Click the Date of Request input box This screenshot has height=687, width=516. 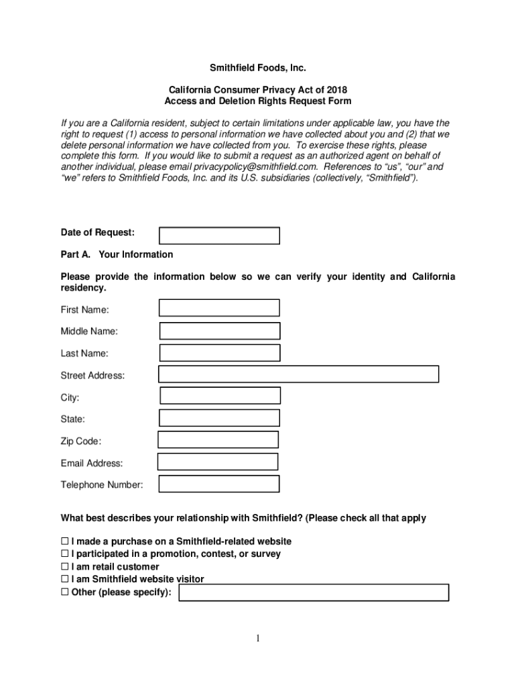tap(219, 235)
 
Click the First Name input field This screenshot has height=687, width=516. tap(219, 308)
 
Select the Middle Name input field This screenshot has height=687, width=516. tap(220, 331)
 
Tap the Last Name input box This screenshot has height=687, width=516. tap(220, 353)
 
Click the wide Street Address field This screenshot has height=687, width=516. tap(298, 374)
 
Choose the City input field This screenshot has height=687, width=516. tap(220, 396)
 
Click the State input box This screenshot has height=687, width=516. tap(219, 418)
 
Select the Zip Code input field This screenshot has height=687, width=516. tap(218, 439)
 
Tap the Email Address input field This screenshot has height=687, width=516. tap(218, 462)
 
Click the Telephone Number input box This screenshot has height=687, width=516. tap(219, 484)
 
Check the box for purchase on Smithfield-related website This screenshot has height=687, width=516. tap(65, 541)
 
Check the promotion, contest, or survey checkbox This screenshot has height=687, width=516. tap(65, 554)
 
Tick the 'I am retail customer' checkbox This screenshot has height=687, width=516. tap(65, 567)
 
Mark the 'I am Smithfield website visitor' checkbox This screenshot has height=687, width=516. tap(65, 579)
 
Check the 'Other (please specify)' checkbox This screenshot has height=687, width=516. tap(65, 592)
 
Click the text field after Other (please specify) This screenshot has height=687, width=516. tap(313, 592)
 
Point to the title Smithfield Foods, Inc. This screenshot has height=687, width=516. tap(258, 68)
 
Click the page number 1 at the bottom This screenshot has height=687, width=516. tap(258, 638)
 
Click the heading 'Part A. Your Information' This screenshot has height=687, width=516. tap(117, 254)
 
